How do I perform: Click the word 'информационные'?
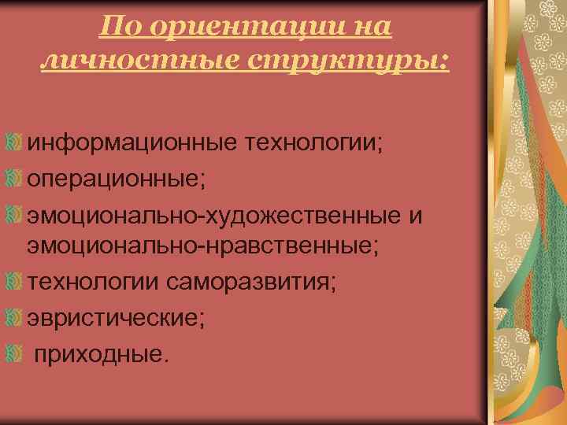(x=133, y=145)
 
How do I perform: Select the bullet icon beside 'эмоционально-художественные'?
(x=13, y=213)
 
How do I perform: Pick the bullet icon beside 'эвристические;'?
(x=13, y=316)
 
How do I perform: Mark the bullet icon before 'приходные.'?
(x=13, y=351)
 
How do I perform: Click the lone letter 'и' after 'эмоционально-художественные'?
(x=415, y=214)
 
